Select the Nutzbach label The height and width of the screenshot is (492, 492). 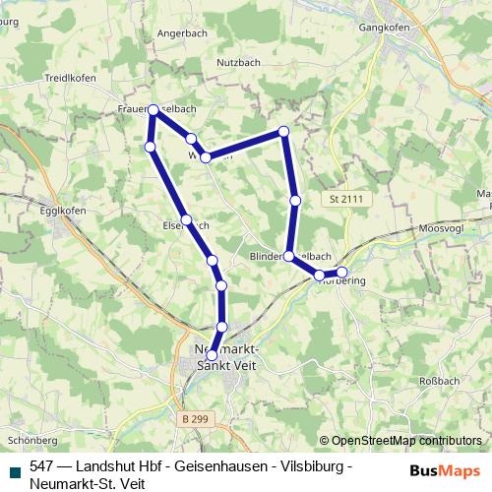tap(238, 62)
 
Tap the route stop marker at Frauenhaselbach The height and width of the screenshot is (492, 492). tap(154, 110)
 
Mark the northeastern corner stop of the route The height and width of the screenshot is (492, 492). tap(283, 131)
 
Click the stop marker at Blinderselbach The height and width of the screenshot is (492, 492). tap(288, 256)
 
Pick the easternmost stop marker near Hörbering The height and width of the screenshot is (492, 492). tap(342, 272)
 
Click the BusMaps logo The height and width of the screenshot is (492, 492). tap(446, 470)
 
